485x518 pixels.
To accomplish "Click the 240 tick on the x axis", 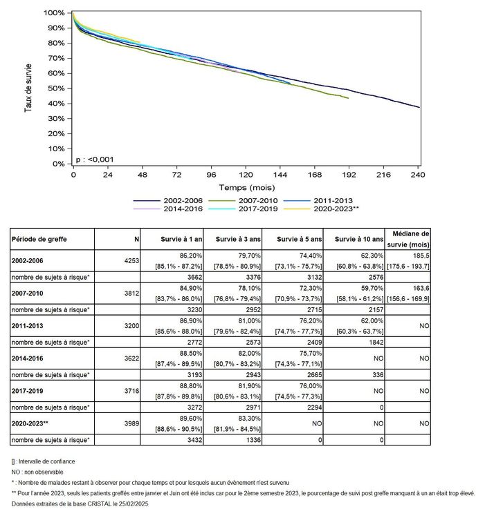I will pyautogui.click(x=419, y=175).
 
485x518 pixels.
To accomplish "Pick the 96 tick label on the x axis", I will pyautogui.click(x=211, y=175).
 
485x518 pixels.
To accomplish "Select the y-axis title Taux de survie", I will pyautogui.click(x=29, y=88).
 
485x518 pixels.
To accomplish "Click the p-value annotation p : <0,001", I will pyautogui.click(x=95, y=160).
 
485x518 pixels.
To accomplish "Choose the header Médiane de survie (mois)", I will pyautogui.click(x=410, y=238).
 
